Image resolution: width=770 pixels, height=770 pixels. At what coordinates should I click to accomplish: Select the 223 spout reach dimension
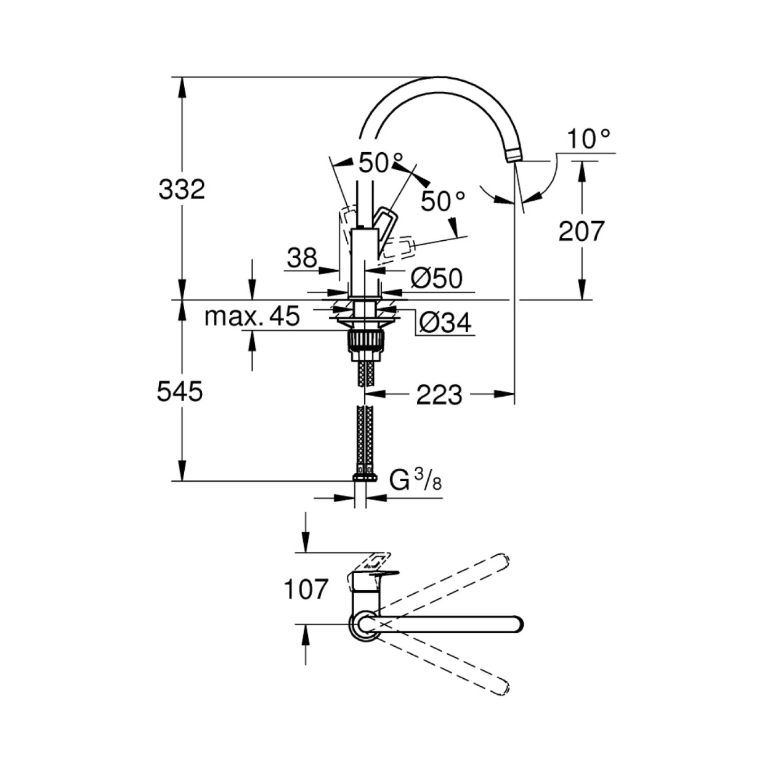click(x=439, y=395)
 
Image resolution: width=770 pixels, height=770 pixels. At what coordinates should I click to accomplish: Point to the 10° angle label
click(x=588, y=139)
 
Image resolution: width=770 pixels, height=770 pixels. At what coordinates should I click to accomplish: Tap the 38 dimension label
click(x=302, y=257)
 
